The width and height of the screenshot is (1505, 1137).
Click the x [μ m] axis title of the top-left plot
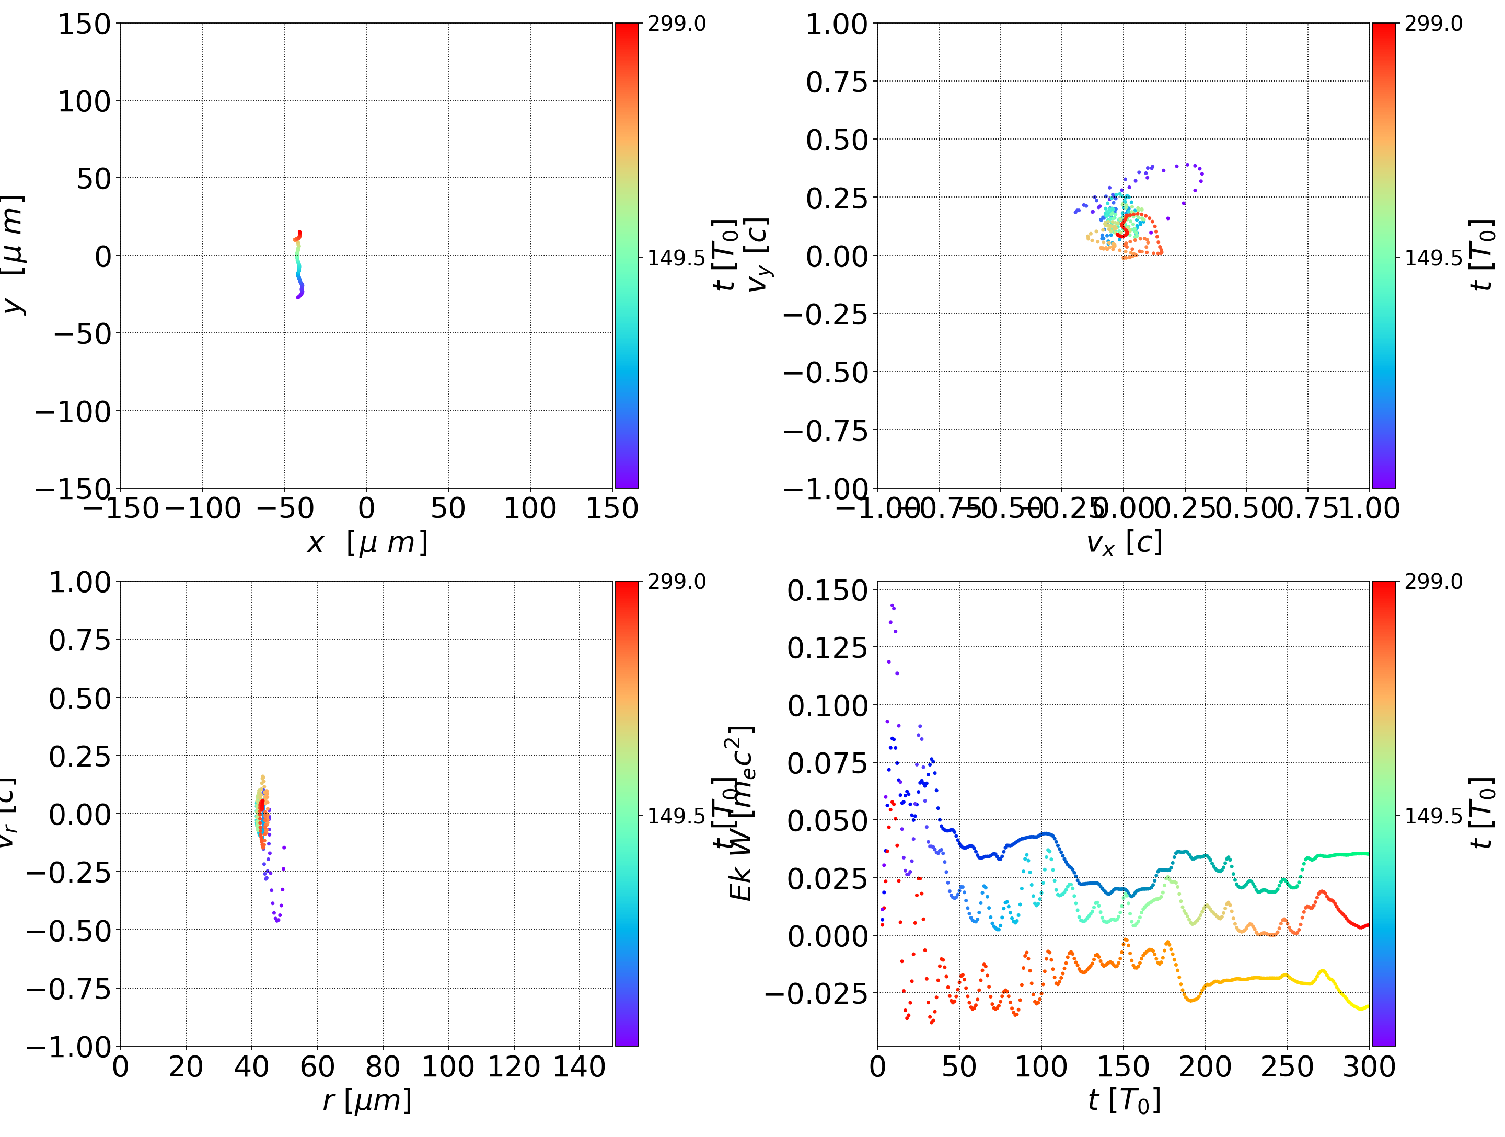[x=367, y=543]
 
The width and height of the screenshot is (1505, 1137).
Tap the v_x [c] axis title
[x=1124, y=543]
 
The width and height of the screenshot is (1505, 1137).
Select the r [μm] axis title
[x=367, y=1100]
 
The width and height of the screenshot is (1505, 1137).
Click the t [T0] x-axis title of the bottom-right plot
[x=1124, y=1100]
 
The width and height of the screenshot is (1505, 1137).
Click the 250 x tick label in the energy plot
[x=1287, y=1066]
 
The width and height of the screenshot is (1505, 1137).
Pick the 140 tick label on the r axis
[x=579, y=1066]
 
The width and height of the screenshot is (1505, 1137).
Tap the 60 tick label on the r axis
[x=317, y=1066]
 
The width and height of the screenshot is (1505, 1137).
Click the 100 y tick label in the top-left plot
[x=84, y=101]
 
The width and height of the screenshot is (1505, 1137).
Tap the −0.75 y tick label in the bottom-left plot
[x=69, y=989]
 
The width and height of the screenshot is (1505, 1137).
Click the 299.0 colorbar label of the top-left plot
[x=676, y=24]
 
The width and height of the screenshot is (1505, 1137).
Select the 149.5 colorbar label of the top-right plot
[x=1433, y=258]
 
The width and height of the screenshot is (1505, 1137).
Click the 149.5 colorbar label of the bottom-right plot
[x=1433, y=815]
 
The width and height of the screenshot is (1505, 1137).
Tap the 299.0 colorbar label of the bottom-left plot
[x=676, y=582]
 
